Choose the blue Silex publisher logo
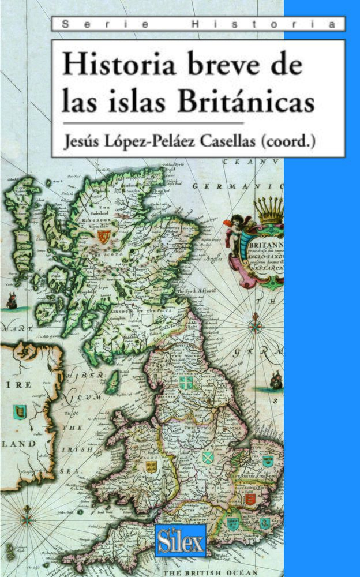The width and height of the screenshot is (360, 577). pyautogui.click(x=181, y=541)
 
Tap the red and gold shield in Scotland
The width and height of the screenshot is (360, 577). pyautogui.click(x=107, y=237)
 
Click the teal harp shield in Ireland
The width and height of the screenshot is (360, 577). pyautogui.click(x=18, y=412)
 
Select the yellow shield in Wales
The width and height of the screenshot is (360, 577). pyautogui.click(x=151, y=466)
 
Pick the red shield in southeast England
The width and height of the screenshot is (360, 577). pyautogui.click(x=250, y=499)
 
